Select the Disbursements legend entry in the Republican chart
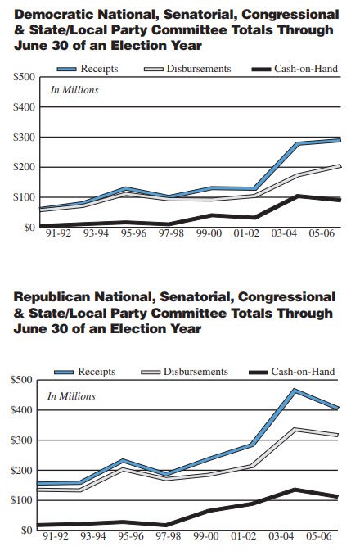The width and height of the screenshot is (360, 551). tap(195, 372)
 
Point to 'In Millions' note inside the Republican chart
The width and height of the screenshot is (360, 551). tap(71, 395)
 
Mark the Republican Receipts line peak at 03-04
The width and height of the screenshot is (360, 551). tap(295, 391)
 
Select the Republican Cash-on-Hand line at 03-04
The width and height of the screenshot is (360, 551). tap(295, 490)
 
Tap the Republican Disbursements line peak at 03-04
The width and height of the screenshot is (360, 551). tap(295, 429)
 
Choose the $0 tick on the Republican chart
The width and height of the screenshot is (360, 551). tap(26, 531)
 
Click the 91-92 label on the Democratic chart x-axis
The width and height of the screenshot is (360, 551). tap(57, 234)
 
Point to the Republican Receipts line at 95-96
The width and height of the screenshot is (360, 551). tap(123, 460)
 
